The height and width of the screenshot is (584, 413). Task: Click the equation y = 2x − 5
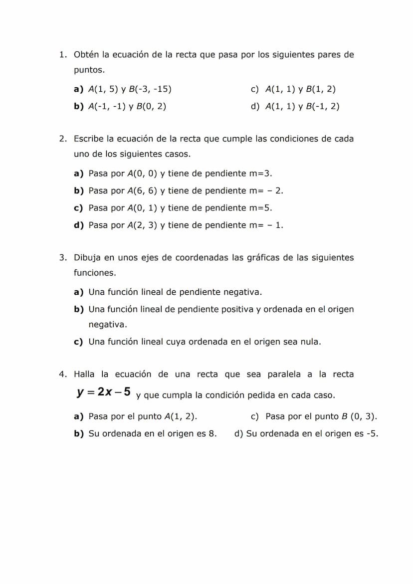click(x=104, y=392)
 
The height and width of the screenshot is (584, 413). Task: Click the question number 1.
click(x=62, y=54)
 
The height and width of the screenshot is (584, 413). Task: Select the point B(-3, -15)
click(x=150, y=90)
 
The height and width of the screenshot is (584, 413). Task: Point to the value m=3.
click(x=260, y=174)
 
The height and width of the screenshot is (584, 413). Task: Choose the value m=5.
click(x=260, y=208)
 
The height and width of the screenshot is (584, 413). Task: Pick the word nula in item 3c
click(x=308, y=342)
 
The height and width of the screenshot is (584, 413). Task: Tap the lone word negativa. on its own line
click(x=108, y=325)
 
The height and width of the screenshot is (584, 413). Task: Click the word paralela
click(x=284, y=375)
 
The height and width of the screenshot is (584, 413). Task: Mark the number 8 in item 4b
click(x=213, y=434)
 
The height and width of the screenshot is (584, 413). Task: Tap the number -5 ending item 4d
click(x=372, y=434)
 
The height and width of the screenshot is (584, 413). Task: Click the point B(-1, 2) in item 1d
click(x=323, y=107)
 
